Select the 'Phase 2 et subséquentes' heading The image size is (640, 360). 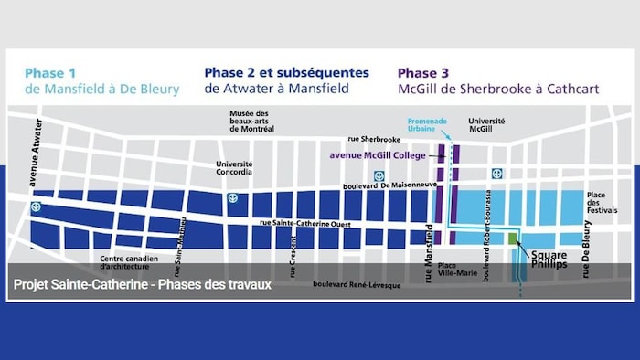(x=286, y=72)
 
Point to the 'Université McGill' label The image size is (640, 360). (x=486, y=126)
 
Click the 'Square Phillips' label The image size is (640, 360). (x=549, y=260)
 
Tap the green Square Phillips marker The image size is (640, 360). (x=513, y=238)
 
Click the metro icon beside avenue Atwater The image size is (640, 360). (x=36, y=207)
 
